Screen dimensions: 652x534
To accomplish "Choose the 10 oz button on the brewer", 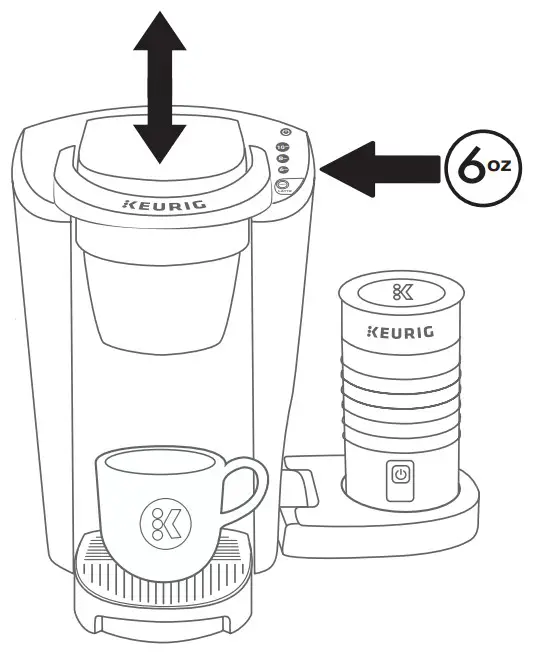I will pyautogui.click(x=283, y=147).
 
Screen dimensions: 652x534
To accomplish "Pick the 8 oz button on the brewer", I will pyautogui.click(x=283, y=158).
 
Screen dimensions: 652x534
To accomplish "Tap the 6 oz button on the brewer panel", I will pyautogui.click(x=283, y=170).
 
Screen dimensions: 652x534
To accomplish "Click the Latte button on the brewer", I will pyautogui.click(x=283, y=186).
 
